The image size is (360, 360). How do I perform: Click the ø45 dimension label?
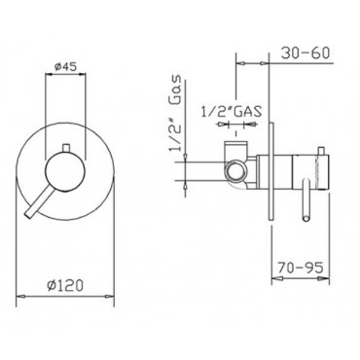[x=65, y=67]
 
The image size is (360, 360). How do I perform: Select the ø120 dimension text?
[x=65, y=285]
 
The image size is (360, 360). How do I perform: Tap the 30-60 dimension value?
[x=305, y=53]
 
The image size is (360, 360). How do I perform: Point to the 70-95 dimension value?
[x=300, y=268]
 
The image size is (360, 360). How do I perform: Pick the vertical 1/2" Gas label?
[x=175, y=113]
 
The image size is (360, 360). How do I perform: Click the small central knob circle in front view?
[x=65, y=172]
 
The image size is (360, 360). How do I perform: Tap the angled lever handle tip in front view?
[x=28, y=214]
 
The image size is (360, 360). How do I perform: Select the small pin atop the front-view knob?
[x=66, y=148]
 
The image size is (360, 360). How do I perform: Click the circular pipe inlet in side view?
[x=235, y=171]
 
